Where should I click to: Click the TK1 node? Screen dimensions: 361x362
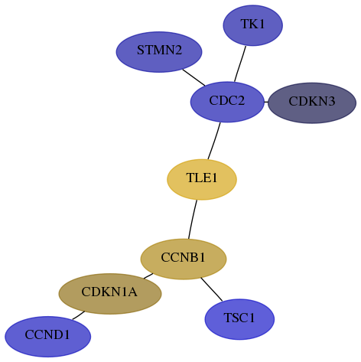coord(252,25)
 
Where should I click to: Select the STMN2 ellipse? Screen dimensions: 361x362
coord(159,52)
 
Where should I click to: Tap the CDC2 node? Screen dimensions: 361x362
coord(227,102)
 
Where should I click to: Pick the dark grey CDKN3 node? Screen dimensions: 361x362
coord(312,103)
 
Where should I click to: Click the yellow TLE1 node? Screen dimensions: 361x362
coord(202,180)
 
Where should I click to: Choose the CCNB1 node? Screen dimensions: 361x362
coord(184,259)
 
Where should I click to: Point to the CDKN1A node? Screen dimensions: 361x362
coord(110,294)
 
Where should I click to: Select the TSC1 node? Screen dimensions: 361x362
coord(239,319)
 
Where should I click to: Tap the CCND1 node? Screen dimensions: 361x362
coord(47,337)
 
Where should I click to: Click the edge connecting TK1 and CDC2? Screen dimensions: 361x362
coord(240,64)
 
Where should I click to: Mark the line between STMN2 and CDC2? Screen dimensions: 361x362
coord(194,77)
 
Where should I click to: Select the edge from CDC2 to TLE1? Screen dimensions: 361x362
coord(214,141)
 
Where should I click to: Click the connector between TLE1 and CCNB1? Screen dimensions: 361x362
coord(192,220)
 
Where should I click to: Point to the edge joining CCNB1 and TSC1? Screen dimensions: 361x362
coord(212,289)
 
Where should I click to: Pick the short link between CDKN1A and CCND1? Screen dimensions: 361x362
coord(79,315)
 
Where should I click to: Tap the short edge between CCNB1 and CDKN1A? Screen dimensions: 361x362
coord(148,276)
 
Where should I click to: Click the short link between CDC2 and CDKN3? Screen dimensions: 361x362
coord(266,103)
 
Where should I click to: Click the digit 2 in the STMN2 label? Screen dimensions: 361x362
coord(178,51)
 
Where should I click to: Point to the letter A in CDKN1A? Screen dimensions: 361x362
coord(132,292)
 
